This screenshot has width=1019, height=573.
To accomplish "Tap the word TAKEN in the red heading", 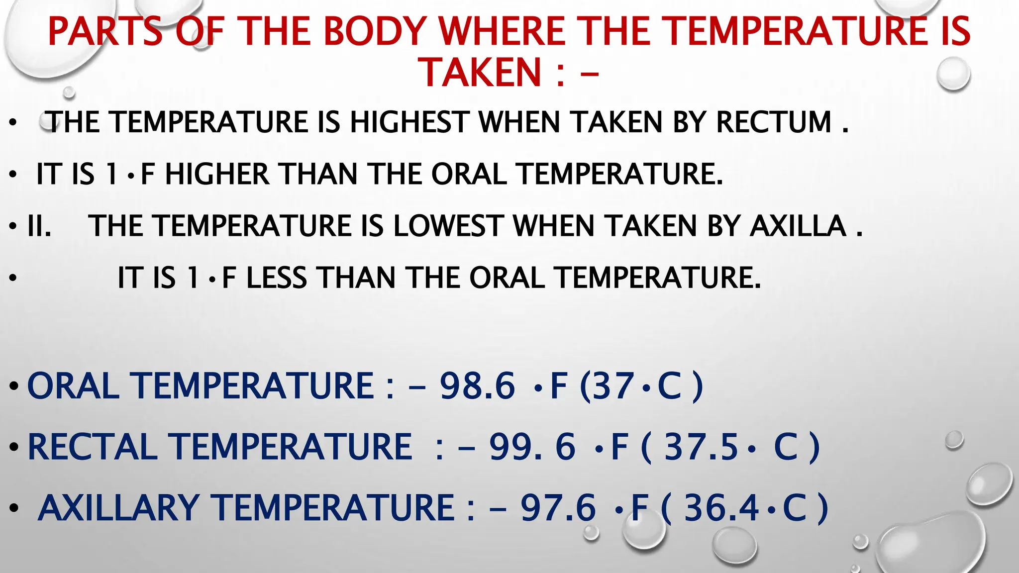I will coord(482,73).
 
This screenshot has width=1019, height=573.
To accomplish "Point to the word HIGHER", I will coord(217,174).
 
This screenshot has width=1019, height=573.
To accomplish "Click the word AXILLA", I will coord(798,226).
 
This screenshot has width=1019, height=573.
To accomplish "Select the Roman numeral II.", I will coord(39,226).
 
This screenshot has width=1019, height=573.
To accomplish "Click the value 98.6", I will coord(477,385).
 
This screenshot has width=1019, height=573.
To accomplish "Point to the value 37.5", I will coord(701,446).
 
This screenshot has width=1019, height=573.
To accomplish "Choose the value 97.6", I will coord(558,508).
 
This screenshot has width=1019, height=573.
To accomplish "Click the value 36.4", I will coord(721,508).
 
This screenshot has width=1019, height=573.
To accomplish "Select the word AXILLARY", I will coord(119,508).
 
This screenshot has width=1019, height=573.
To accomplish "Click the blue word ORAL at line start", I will coord(73,385).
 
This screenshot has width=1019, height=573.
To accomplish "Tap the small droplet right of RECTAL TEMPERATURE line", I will coord(954,440).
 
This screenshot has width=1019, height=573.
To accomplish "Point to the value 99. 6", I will coord(532,446).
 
